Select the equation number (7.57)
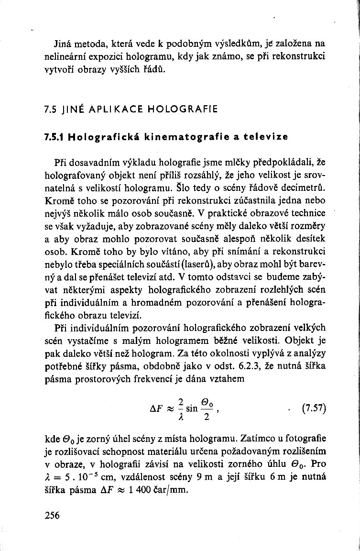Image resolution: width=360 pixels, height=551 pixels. tap(314, 409)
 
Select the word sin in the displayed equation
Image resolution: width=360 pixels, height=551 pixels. tap(193, 410)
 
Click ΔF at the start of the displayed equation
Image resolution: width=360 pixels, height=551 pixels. tap(157, 410)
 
